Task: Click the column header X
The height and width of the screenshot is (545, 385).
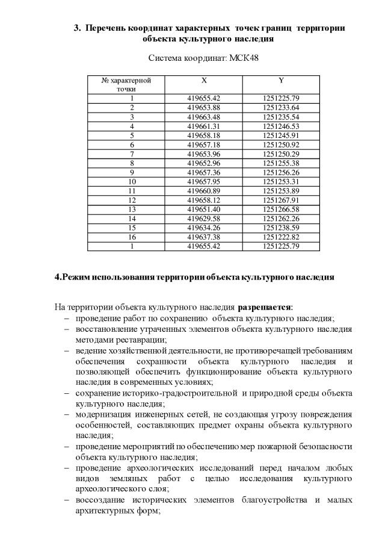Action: [x=204, y=80]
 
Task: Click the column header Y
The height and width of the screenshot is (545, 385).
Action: [x=281, y=80]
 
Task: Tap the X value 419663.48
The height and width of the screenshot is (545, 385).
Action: [x=204, y=117]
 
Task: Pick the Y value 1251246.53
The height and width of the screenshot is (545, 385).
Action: [x=281, y=126]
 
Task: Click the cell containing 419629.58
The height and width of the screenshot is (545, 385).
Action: [x=204, y=219]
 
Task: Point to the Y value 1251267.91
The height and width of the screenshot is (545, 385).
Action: [x=281, y=200]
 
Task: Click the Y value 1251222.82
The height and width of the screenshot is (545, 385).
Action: [x=281, y=237]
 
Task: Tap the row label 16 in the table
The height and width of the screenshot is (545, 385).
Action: [x=132, y=237]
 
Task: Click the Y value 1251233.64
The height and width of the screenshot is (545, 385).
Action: [x=281, y=107]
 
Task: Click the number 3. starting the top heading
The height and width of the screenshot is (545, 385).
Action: [x=77, y=28]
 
